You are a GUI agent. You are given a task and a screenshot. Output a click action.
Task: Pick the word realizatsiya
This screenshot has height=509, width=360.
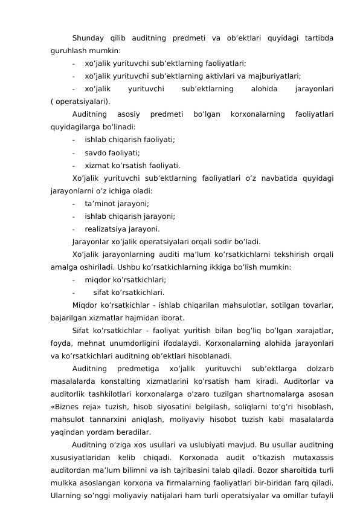click(x=108, y=229)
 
